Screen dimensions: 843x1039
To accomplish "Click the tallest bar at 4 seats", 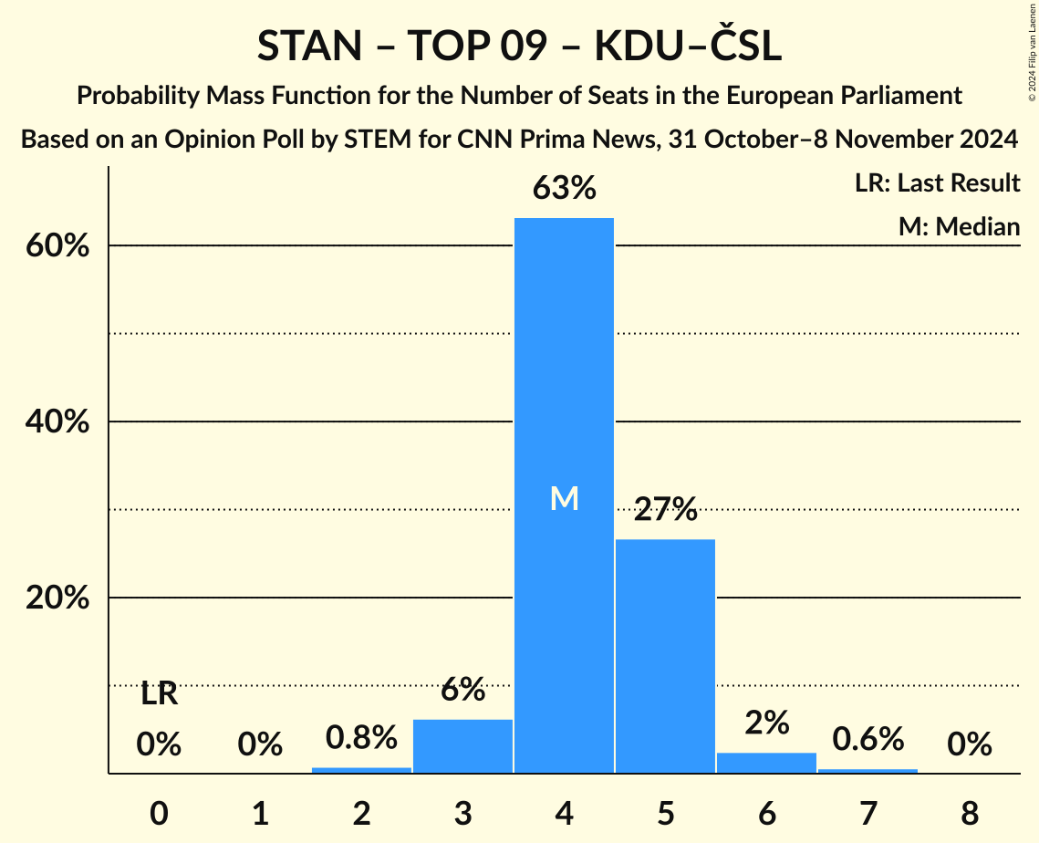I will [564, 365].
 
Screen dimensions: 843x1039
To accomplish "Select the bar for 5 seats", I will [665, 656].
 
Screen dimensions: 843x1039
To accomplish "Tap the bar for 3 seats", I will [462, 746].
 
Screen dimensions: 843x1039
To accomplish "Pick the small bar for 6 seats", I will [766, 763].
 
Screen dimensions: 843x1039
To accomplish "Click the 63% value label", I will [564, 189].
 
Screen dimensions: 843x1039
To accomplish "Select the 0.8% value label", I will [361, 737].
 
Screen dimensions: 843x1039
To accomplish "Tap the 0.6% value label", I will [868, 739].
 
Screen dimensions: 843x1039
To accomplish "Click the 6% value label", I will [462, 690].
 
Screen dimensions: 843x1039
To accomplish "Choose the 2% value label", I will [766, 723].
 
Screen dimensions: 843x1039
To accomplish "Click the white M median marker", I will [564, 498].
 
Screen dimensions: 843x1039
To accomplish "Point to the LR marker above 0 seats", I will [159, 695].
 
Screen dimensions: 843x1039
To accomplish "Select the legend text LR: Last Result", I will [937, 183].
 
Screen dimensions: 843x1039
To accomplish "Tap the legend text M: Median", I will [959, 226].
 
